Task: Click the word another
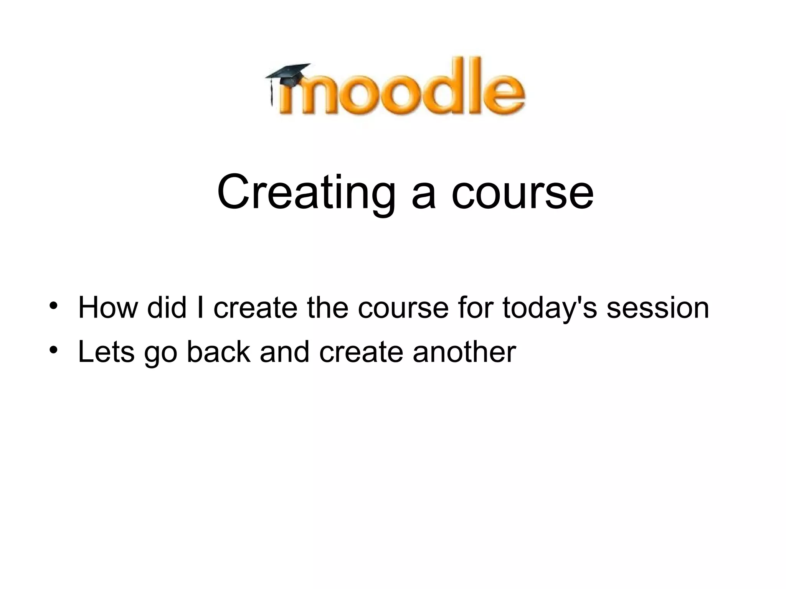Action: tap(464, 352)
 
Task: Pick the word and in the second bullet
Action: tap(284, 352)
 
